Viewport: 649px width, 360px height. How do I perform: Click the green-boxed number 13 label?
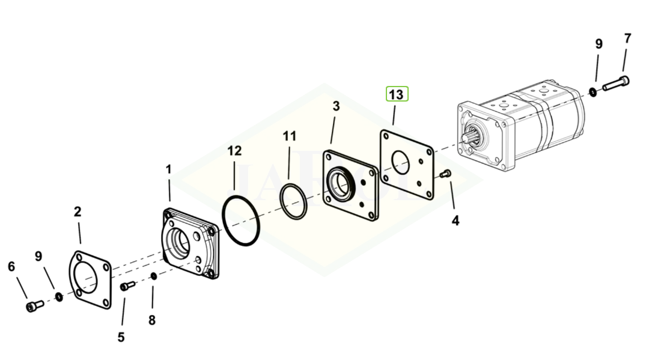tap(396, 95)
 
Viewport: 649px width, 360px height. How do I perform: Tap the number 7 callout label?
tap(627, 39)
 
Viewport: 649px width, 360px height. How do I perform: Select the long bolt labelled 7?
tap(617, 83)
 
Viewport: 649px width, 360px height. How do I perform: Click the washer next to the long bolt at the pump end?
tap(593, 92)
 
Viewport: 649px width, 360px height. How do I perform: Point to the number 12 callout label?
tap(234, 150)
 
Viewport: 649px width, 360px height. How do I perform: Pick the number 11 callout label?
tap(290, 136)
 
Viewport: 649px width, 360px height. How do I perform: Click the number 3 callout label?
tap(336, 106)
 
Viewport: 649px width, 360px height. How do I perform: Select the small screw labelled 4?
tap(445, 174)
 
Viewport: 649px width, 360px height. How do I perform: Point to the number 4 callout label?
tap(455, 221)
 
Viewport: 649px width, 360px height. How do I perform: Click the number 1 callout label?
tap(169, 170)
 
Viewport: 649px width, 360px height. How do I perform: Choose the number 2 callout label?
tap(78, 212)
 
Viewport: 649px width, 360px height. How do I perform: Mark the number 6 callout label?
tap(11, 266)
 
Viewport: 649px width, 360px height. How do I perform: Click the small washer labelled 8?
tap(154, 276)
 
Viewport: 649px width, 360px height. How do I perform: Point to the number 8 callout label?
tap(151, 320)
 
